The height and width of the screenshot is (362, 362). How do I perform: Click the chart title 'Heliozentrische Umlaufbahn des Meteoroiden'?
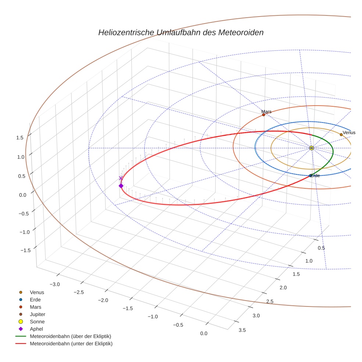pyautogui.click(x=181, y=32)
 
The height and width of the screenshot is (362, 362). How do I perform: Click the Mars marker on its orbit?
pyautogui.click(x=263, y=115)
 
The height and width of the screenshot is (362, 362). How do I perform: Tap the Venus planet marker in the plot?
pyautogui.click(x=341, y=135)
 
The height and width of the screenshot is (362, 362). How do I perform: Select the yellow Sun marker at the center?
pyautogui.click(x=311, y=148)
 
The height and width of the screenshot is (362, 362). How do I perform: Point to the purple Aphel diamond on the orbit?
pyautogui.click(x=121, y=186)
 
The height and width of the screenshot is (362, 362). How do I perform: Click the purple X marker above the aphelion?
pyautogui.click(x=121, y=178)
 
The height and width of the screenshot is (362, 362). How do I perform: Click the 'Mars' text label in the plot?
pyautogui.click(x=266, y=111)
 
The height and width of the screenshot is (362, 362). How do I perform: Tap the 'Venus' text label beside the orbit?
pyautogui.click(x=349, y=133)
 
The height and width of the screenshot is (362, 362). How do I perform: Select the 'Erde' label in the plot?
pyautogui.click(x=315, y=176)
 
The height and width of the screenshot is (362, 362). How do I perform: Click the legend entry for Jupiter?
pyautogui.click(x=38, y=314)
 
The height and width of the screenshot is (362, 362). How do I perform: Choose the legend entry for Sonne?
pyautogui.click(x=37, y=322)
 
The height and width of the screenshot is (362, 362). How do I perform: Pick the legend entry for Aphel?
pyautogui.click(x=36, y=329)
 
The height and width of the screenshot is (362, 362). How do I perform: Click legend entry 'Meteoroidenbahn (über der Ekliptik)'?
pyautogui.click(x=70, y=336)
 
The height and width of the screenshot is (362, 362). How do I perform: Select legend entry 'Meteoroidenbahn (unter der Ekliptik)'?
pyautogui.click(x=71, y=344)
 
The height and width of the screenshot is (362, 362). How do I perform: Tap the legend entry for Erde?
pyautogui.click(x=35, y=299)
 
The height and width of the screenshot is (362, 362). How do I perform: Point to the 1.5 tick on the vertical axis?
pyautogui.click(x=20, y=138)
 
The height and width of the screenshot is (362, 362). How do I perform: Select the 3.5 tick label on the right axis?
pyautogui.click(x=242, y=330)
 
